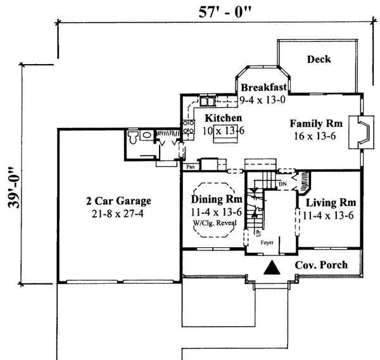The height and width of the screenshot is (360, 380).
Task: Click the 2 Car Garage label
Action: point(118,202)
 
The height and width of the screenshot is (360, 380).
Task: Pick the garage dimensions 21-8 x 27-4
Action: point(118,214)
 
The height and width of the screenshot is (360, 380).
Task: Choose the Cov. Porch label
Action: point(321,265)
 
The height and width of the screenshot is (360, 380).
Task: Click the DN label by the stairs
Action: point(282,184)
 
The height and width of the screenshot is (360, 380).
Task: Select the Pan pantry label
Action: point(189,167)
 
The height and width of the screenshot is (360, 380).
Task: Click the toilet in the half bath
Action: point(133,138)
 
